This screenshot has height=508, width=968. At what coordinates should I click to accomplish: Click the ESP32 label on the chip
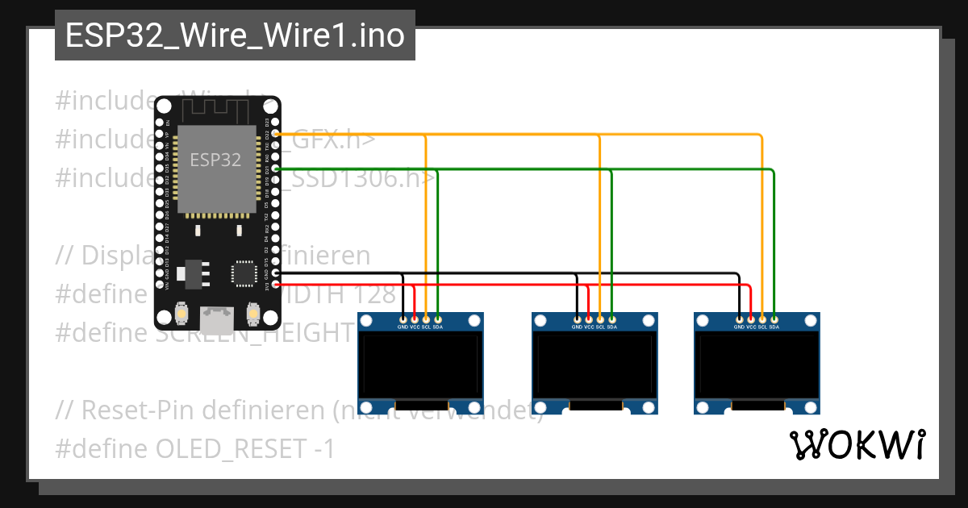(215, 160)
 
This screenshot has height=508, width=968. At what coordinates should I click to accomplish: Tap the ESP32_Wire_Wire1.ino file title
(235, 35)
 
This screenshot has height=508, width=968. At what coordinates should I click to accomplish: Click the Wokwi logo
(857, 444)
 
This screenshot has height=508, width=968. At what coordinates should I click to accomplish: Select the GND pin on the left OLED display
(403, 319)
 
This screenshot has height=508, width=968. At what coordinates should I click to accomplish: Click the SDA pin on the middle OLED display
(611, 319)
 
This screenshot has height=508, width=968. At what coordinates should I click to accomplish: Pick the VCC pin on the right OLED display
(751, 319)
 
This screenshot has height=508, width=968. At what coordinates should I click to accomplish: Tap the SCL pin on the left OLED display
(426, 319)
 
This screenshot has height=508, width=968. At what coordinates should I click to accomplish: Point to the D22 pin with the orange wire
(276, 133)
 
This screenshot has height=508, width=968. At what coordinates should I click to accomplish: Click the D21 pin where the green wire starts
(276, 169)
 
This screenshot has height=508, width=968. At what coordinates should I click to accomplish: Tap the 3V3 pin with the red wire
(276, 285)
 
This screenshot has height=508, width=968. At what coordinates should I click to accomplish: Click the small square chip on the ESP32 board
(243, 273)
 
